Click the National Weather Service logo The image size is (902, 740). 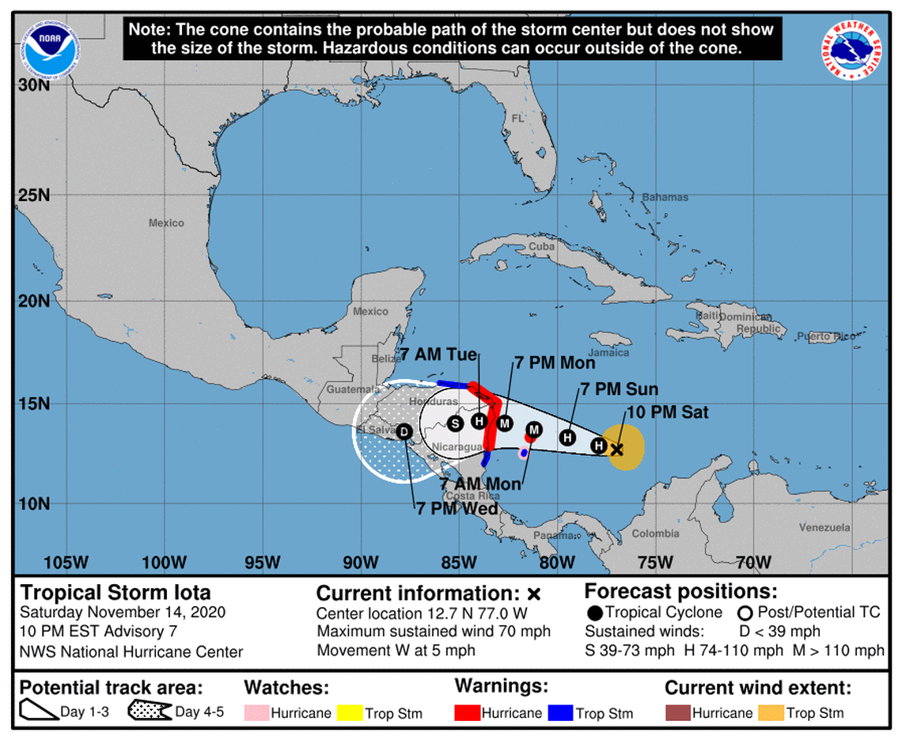[x=852, y=49]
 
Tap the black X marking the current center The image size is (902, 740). [x=617, y=450]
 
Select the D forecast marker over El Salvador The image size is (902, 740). [x=404, y=431]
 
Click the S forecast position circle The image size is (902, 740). [x=454, y=423]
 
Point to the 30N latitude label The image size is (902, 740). [x=34, y=84]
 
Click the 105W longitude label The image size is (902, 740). [x=66, y=563]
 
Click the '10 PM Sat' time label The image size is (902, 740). [x=668, y=412]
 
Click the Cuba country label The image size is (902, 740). [x=541, y=246]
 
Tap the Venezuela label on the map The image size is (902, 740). [x=824, y=527]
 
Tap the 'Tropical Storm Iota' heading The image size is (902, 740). [x=116, y=593]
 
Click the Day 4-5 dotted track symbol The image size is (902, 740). [x=150, y=712]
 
